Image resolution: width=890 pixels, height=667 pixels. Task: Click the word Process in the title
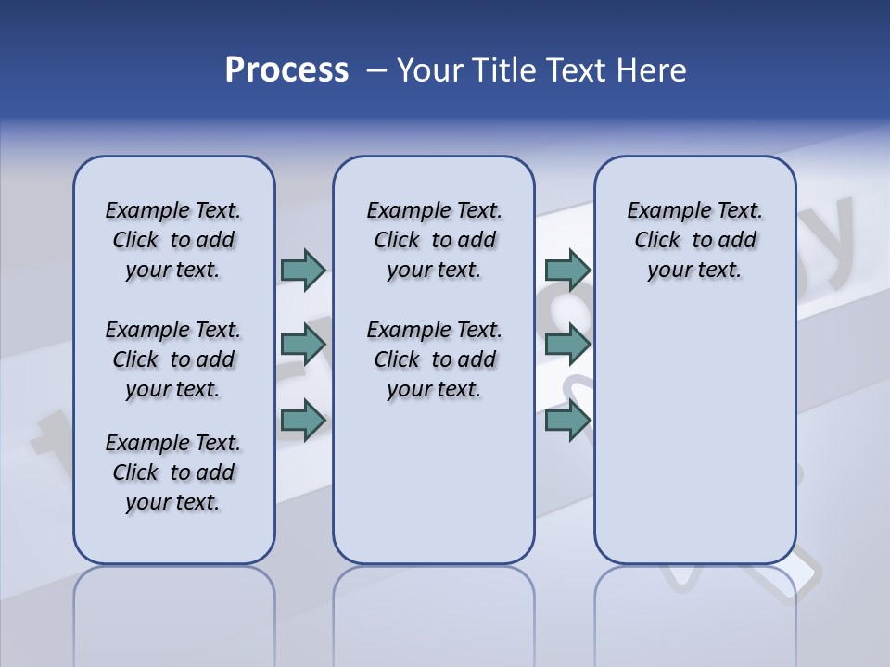286,69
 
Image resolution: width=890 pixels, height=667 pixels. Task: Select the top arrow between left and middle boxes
303,270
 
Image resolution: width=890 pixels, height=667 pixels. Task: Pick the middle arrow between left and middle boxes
303,345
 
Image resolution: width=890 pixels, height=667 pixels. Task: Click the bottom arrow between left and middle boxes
303,421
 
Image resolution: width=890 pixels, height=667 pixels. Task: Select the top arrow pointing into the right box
567,270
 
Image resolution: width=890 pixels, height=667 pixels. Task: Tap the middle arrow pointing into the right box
567,345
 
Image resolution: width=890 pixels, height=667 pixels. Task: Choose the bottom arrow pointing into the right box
567,421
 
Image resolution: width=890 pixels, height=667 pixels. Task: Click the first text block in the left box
173,240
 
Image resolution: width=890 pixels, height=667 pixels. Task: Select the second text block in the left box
173,359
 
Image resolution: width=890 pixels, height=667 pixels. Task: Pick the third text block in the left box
173,472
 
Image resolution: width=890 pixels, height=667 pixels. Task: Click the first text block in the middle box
434,240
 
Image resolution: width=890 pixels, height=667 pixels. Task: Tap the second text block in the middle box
434,359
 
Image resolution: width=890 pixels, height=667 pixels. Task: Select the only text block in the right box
694,240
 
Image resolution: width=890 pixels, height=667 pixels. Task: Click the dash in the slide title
376,70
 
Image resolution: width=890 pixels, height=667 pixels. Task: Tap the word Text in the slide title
567,70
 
